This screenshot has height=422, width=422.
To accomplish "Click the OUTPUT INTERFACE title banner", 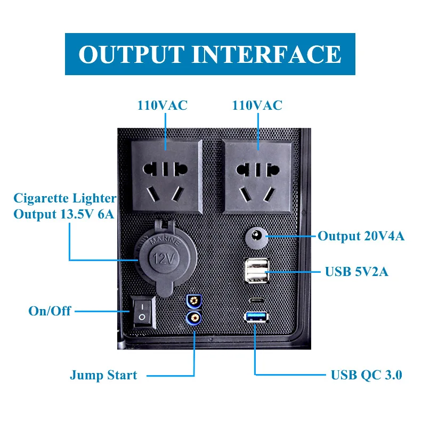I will pos(210,54).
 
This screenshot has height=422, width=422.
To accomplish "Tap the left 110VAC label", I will pos(163,106).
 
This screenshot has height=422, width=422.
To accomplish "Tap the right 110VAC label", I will pos(257,106).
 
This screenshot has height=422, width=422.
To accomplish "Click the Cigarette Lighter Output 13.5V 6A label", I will pos(64,207).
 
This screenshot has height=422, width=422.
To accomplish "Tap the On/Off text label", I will pos(50,311).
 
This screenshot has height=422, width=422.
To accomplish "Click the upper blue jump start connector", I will pos(193,302).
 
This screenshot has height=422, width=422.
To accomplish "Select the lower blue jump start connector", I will pos(193,319).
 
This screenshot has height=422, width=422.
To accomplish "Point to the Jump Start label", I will pos(103,375).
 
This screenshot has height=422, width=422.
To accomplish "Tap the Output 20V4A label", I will pos(361,236).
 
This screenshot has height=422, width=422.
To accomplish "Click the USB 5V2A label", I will pos(356,272).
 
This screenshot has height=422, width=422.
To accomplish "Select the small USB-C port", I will pos(255,299).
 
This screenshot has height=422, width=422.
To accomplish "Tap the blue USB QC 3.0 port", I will pos(255,317).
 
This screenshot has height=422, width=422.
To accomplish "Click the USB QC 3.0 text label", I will pos(367,375).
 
